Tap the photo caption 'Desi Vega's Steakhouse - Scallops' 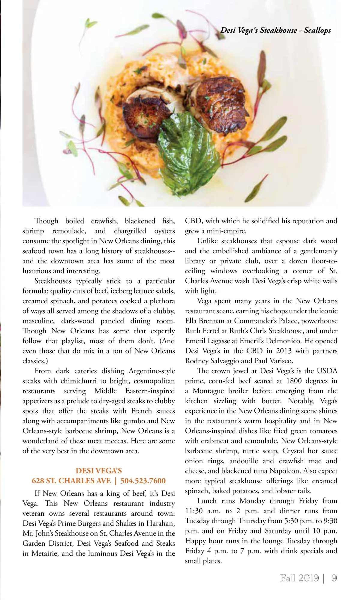pos(276,30)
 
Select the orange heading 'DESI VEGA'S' pos(99,470)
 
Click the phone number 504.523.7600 pos(143,481)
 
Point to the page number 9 pos(334,578)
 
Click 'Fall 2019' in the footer pos(299,578)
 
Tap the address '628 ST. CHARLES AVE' pos(71,481)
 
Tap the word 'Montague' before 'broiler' pos(208,391)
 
